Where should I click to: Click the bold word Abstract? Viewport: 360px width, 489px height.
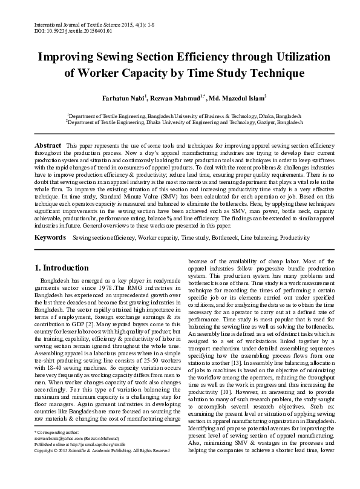pyautogui.click(x=48, y=146)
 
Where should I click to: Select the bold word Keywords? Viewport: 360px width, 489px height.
pyautogui.click(x=50, y=238)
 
